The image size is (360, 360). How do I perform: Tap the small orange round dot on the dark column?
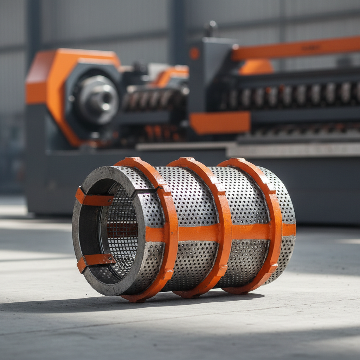click(194, 53)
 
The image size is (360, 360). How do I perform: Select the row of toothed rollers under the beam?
click(292, 95)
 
